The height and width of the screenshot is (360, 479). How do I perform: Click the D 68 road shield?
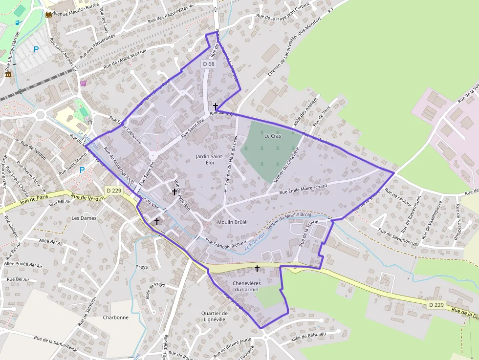click(208, 64)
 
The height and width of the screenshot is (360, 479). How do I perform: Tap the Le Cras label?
click(273, 136)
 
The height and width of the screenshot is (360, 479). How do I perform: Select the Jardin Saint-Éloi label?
click(210, 159)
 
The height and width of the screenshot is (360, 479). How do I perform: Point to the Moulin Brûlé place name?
click(232, 222)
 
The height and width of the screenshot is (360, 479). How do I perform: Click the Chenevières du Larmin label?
click(245, 286)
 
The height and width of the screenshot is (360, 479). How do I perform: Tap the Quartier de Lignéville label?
click(214, 317)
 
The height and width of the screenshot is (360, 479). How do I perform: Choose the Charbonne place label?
click(115, 318)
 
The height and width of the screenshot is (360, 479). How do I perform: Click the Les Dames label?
click(84, 218)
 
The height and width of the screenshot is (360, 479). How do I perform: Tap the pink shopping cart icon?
click(83, 84)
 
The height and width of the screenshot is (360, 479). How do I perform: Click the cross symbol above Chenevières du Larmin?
click(257, 268)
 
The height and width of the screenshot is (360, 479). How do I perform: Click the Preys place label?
click(141, 267)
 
